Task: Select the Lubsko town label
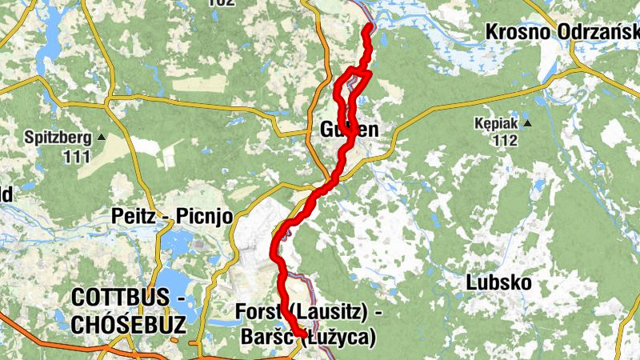click(x=498, y=283)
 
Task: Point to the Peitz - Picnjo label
click(x=172, y=216)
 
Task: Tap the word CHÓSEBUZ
click(x=129, y=324)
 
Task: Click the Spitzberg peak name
click(x=58, y=137)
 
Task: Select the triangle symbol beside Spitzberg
click(x=101, y=137)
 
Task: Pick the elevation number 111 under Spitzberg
click(x=77, y=156)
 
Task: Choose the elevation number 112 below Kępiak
click(x=505, y=142)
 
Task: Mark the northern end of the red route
click(x=369, y=26)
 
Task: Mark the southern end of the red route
click(x=301, y=335)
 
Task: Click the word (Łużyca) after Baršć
click(x=339, y=338)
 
